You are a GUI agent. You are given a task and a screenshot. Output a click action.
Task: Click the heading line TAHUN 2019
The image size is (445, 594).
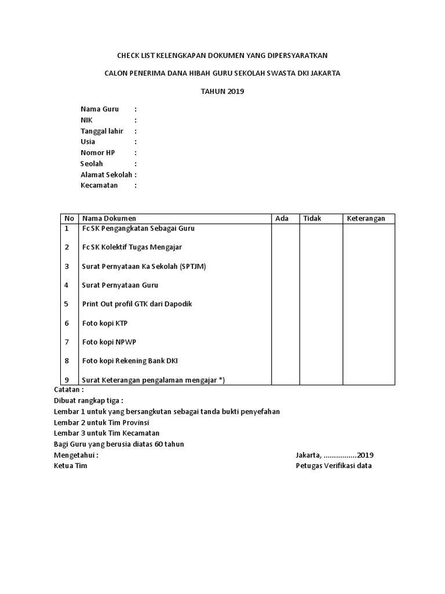click(222, 92)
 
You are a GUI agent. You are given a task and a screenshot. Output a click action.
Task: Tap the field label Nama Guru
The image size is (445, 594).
click(100, 109)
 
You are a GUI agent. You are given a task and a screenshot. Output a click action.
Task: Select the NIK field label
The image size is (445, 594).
click(86, 120)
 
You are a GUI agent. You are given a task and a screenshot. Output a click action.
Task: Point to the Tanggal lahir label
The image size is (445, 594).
click(102, 131)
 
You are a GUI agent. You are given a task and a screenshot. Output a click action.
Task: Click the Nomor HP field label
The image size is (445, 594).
click(98, 153)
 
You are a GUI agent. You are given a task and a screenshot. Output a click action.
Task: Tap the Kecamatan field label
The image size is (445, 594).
click(99, 185)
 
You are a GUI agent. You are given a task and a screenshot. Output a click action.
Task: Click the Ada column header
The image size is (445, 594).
click(282, 218)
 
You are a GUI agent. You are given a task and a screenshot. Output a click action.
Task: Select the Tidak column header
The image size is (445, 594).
click(312, 218)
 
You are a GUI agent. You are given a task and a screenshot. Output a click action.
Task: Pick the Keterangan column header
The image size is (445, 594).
click(366, 218)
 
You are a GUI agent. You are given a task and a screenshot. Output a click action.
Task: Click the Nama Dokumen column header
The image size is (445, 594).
click(109, 218)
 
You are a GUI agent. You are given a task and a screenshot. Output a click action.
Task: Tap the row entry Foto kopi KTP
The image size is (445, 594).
click(105, 323)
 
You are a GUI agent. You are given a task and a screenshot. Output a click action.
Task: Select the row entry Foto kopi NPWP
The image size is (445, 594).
click(109, 342)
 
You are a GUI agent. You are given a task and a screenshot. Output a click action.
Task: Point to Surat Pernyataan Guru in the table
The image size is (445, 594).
click(120, 285)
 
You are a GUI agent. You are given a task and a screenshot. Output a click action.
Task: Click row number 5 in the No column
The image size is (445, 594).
click(67, 304)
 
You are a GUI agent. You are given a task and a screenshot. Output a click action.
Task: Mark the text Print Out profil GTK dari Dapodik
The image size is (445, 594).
click(137, 304)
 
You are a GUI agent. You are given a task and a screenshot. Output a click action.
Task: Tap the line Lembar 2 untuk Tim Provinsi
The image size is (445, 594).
click(101, 422)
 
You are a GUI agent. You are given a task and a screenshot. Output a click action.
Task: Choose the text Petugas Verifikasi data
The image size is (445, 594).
click(334, 466)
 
